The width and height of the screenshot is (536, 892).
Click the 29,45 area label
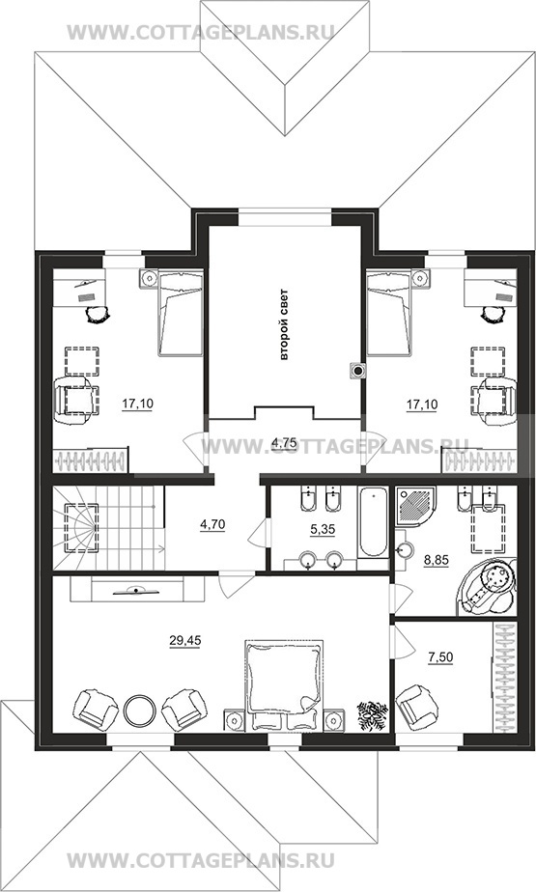[x=184, y=641]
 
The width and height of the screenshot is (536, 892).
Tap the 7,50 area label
[x=440, y=657]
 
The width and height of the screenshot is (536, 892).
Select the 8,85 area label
[x=436, y=560]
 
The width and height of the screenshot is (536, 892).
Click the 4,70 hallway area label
[x=212, y=524]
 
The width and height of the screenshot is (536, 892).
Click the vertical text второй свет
[x=285, y=325]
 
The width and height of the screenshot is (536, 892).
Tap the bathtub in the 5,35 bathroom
[x=373, y=522]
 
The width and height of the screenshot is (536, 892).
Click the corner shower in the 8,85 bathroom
[x=416, y=505]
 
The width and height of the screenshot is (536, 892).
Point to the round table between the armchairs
[x=139, y=710]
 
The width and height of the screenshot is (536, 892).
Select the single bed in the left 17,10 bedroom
[x=180, y=313]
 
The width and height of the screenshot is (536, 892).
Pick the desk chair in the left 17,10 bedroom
[x=97, y=313]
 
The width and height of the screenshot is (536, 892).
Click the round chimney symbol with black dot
[x=358, y=371]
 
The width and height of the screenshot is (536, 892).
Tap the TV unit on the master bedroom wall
[x=136, y=590]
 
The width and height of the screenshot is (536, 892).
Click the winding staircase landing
[x=79, y=528]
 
